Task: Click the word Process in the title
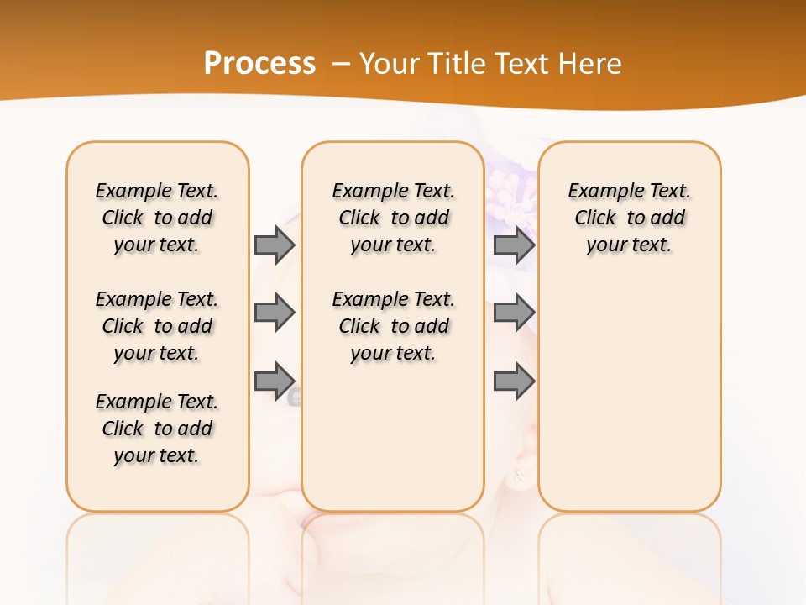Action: [259, 63]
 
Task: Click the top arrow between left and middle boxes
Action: [275, 245]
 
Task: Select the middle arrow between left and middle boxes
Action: [275, 313]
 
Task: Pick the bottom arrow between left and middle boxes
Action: [275, 381]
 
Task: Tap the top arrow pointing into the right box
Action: [514, 245]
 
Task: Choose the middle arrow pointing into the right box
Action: [514, 313]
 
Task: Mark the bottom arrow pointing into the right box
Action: [514, 381]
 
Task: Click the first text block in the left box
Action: [157, 218]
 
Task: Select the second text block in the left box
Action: [157, 326]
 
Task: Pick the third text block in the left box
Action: [157, 429]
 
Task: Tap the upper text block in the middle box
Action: [394, 218]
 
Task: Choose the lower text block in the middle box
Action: [394, 326]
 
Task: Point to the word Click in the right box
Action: [595, 218]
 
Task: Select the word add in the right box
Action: [668, 218]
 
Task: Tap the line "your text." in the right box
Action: [629, 245]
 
